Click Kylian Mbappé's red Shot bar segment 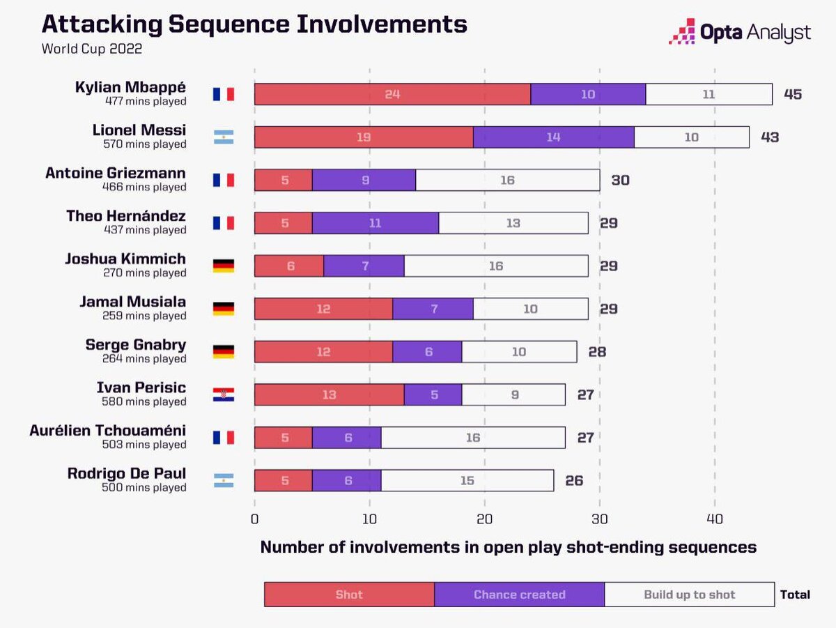pos(392,94)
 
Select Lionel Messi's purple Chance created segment pos(553,137)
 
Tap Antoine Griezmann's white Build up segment pos(507,180)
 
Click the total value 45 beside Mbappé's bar pos(793,94)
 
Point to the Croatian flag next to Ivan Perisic pos(224,395)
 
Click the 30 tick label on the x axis pos(600,519)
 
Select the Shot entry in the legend pos(349,595)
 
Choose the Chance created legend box pos(519,595)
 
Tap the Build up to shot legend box pos(689,595)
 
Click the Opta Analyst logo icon pos(681,31)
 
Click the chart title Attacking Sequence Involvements pos(254,24)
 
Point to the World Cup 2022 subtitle pos(92,49)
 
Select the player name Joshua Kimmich pos(125,259)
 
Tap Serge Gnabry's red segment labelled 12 pos(323,352)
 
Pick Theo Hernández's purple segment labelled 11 pos(375,223)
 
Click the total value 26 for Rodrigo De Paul pos(574,481)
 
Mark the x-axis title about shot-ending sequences pos(508,547)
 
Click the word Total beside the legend pos(795,595)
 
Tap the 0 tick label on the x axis pos(254,519)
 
